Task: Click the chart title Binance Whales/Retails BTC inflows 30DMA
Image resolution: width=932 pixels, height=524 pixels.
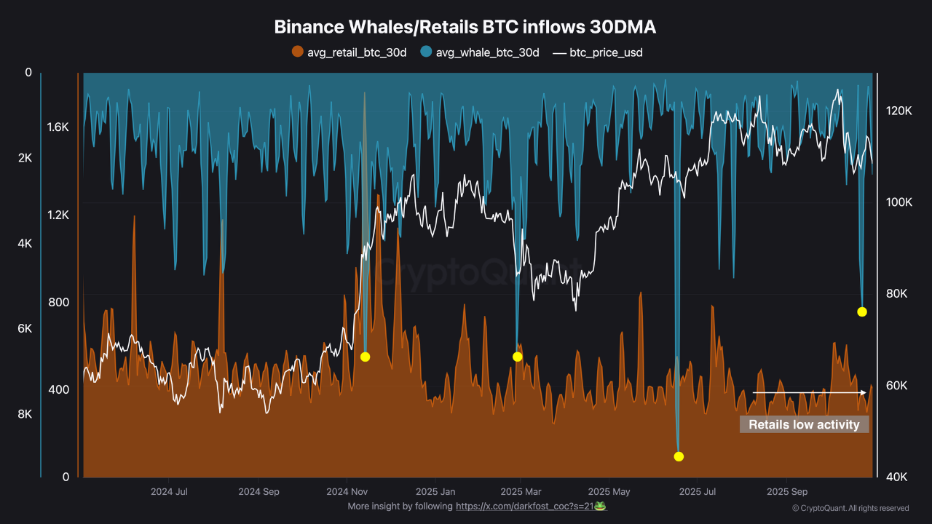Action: point(465,27)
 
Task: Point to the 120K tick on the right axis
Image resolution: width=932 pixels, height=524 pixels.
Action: point(899,111)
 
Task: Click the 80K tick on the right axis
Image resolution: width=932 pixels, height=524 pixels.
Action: point(899,294)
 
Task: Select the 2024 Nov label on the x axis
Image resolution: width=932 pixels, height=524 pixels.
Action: point(347,491)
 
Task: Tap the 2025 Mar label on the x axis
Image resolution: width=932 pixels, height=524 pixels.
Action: point(521,491)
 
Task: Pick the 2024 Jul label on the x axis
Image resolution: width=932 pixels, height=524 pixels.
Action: point(170,491)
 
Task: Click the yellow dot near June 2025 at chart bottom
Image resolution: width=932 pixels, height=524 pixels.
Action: point(679,456)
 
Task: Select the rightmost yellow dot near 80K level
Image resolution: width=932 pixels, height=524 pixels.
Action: point(861,311)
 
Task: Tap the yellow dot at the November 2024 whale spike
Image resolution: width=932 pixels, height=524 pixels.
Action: point(365,357)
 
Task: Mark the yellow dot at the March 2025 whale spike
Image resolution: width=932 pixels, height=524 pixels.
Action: point(517,357)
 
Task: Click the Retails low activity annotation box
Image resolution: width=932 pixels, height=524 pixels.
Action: point(804,424)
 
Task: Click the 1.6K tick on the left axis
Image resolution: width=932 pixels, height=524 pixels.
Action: point(58,127)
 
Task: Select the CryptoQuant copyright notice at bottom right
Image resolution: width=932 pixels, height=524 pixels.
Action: point(850,508)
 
